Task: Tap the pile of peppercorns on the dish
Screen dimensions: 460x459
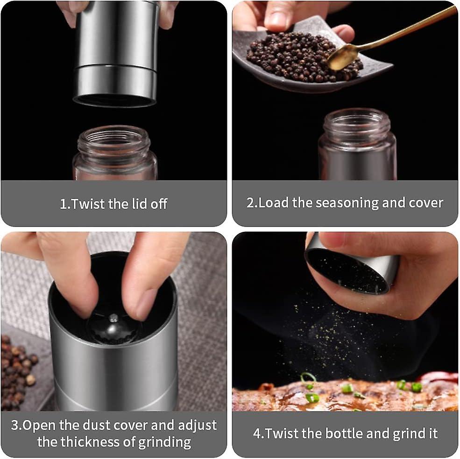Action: pyautogui.click(x=302, y=57)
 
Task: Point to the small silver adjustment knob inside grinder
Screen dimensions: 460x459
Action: pyautogui.click(x=113, y=318)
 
